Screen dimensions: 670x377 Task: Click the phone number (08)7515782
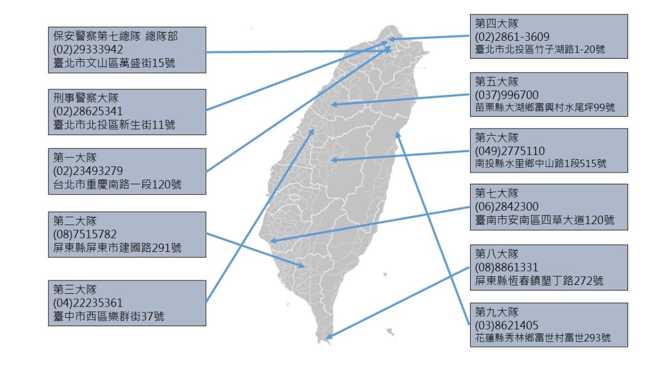point(85,235)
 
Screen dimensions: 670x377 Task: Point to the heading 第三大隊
point(75,289)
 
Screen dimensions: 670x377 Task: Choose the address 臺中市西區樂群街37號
point(108,317)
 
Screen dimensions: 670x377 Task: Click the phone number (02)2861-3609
point(512,37)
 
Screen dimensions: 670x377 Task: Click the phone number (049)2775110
point(510,151)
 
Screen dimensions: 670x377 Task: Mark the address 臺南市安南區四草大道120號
point(544,220)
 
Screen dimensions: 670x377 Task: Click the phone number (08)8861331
point(506,268)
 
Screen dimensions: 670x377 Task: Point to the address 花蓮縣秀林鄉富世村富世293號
point(543,338)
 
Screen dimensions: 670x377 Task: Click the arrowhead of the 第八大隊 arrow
point(329,336)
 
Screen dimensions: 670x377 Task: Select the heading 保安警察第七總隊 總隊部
point(116,36)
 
